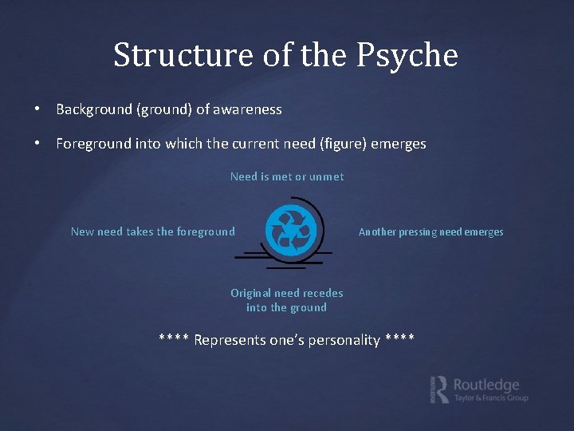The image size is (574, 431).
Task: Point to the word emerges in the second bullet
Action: [x=399, y=144]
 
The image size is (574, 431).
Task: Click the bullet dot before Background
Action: [x=37, y=109]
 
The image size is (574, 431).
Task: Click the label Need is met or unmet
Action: [x=287, y=176]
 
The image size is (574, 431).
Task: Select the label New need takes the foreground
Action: [x=153, y=231]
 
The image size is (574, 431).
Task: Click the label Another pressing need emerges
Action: [x=431, y=232]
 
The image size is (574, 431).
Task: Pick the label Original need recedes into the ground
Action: [x=287, y=300]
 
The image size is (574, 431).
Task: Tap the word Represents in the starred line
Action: [x=230, y=340]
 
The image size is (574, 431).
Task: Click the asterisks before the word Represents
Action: [x=174, y=339]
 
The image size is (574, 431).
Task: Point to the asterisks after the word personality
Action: [x=399, y=339]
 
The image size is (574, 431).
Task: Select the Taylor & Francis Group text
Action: [x=491, y=398]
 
